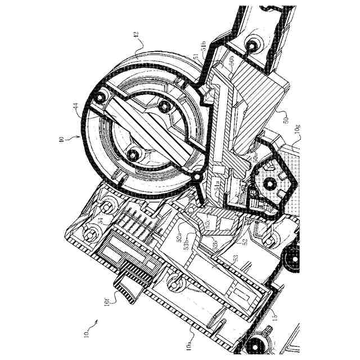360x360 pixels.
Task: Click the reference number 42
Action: click(x=135, y=35)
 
